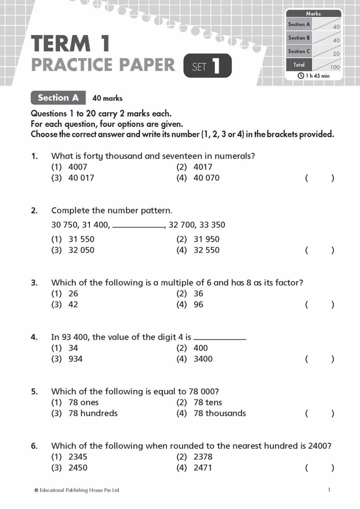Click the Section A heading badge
(58, 98)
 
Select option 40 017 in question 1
(80, 177)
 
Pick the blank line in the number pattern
(138, 226)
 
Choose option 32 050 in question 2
(80, 250)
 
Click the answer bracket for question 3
(319, 304)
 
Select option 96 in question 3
(198, 304)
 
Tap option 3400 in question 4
(202, 358)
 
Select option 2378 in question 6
(202, 456)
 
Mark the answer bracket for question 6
(319, 467)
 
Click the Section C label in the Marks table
(299, 51)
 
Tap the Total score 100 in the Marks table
(334, 67)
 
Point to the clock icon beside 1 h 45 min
(300, 75)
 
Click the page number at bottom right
(328, 490)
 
